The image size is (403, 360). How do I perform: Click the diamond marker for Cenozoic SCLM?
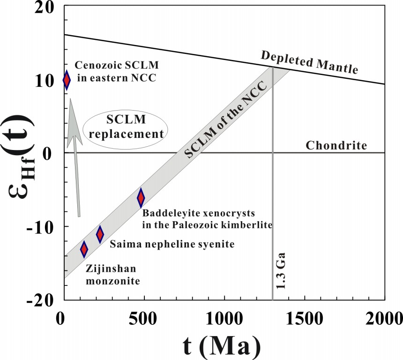tap(67, 80)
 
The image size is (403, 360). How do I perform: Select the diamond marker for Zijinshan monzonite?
tap(84, 249)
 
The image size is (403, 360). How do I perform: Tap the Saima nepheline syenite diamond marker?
tap(100, 234)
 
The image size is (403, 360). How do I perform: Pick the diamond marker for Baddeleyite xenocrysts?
tap(141, 198)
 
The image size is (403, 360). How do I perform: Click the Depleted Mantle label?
tap(310, 63)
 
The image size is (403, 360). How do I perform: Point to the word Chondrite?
tap(336, 145)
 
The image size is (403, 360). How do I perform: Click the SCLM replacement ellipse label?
tap(126, 127)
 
